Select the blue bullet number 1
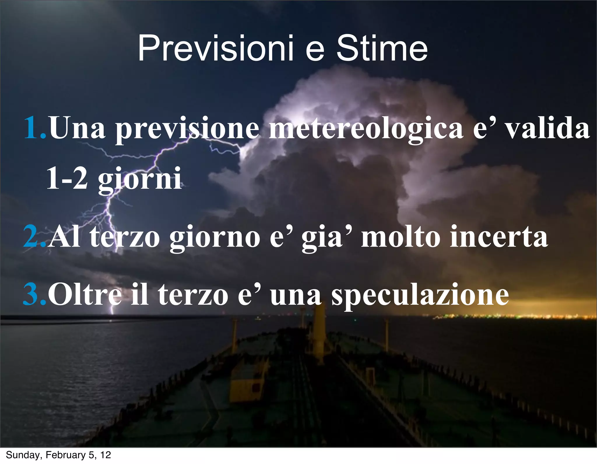[34, 128]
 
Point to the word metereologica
[366, 128]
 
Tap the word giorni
[139, 179]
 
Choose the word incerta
[499, 237]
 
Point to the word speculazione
[420, 296]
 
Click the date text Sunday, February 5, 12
[58, 455]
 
